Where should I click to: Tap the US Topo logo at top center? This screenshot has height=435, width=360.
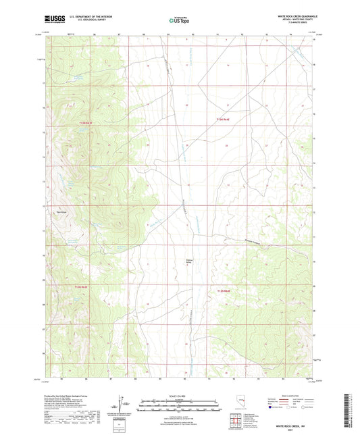pos(179,20)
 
